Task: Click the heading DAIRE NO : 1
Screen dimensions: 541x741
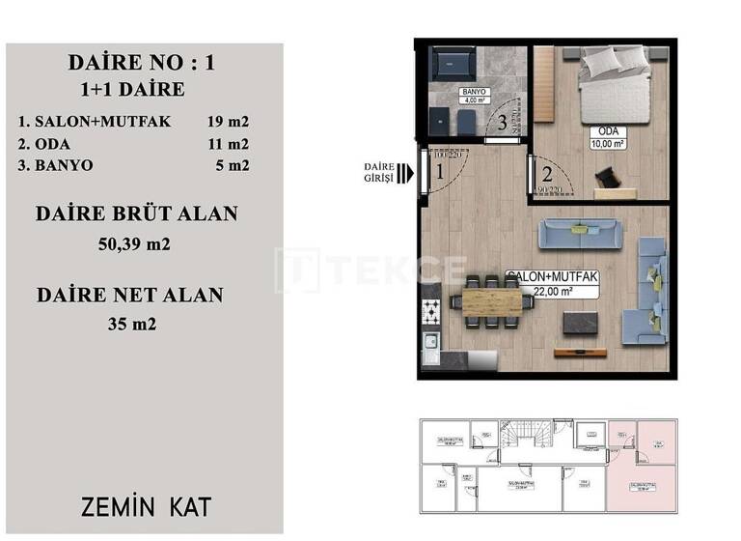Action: (143, 64)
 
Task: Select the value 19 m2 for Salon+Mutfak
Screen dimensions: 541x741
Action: (228, 122)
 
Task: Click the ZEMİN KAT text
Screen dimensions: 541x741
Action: (147, 506)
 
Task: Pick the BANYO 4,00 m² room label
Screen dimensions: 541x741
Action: (474, 96)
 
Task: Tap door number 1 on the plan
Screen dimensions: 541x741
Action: (439, 174)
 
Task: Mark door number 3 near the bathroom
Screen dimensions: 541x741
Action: (502, 124)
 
